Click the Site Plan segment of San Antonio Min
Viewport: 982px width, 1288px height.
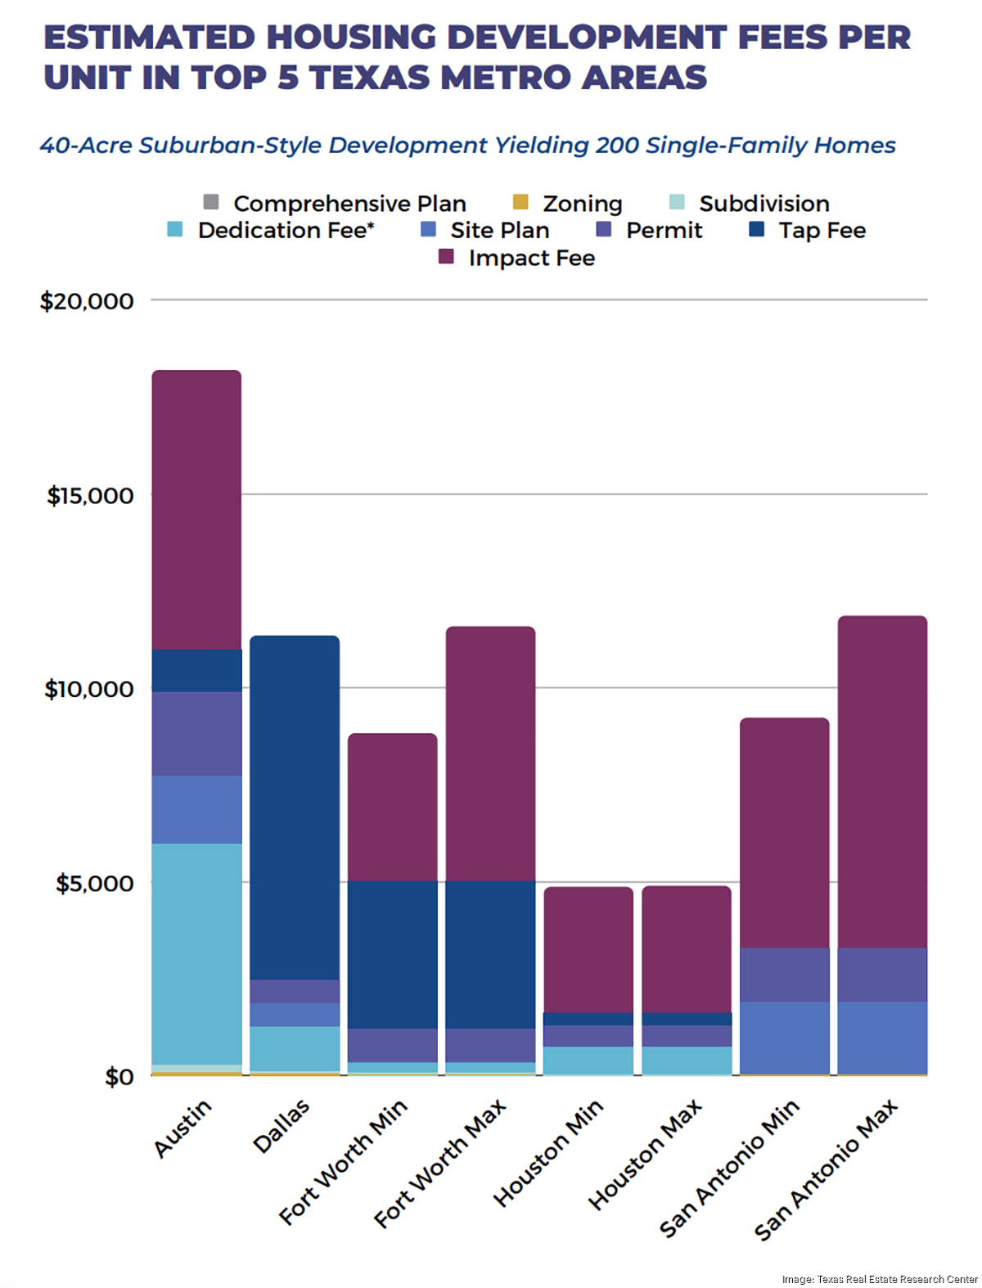tap(784, 1038)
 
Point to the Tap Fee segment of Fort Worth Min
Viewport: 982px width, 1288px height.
tap(393, 954)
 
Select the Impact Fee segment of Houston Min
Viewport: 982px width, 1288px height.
tap(588, 949)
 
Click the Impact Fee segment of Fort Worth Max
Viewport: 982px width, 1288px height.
tap(490, 753)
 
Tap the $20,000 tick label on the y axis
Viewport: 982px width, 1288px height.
tap(87, 301)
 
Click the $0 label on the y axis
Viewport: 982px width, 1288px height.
tap(119, 1077)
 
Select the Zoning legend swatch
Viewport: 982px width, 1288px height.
tap(520, 202)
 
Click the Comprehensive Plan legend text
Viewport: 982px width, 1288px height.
tap(349, 203)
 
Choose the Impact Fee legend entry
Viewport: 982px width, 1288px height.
tap(531, 258)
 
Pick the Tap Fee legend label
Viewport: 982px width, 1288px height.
tap(822, 230)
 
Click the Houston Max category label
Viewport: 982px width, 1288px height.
tap(645, 1154)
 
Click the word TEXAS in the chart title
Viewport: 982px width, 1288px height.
tap(370, 77)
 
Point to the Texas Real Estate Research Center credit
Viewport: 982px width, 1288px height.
tap(880, 1279)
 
